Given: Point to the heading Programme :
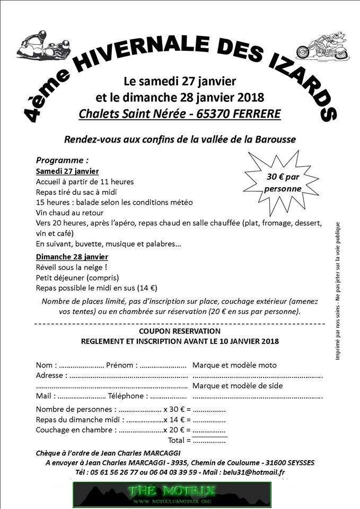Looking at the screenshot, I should point(62,160).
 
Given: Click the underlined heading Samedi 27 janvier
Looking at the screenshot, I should point(67,171).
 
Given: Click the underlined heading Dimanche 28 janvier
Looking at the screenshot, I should point(72,257).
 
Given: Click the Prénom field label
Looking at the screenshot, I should point(121,365).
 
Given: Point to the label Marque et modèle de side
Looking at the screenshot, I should point(237,385).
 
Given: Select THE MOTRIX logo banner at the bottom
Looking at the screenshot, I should point(172,494).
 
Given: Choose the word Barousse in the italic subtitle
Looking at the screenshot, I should point(277,139).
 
